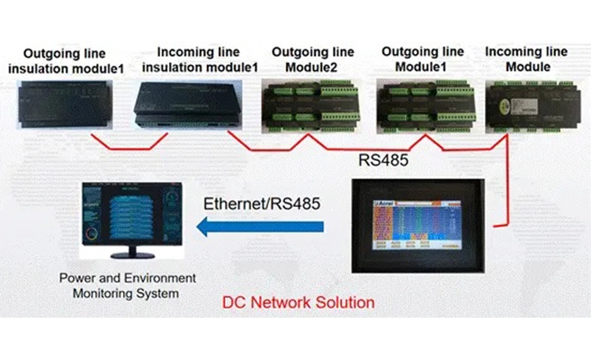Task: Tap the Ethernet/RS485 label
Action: point(261,203)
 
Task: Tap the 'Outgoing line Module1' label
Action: point(424,59)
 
